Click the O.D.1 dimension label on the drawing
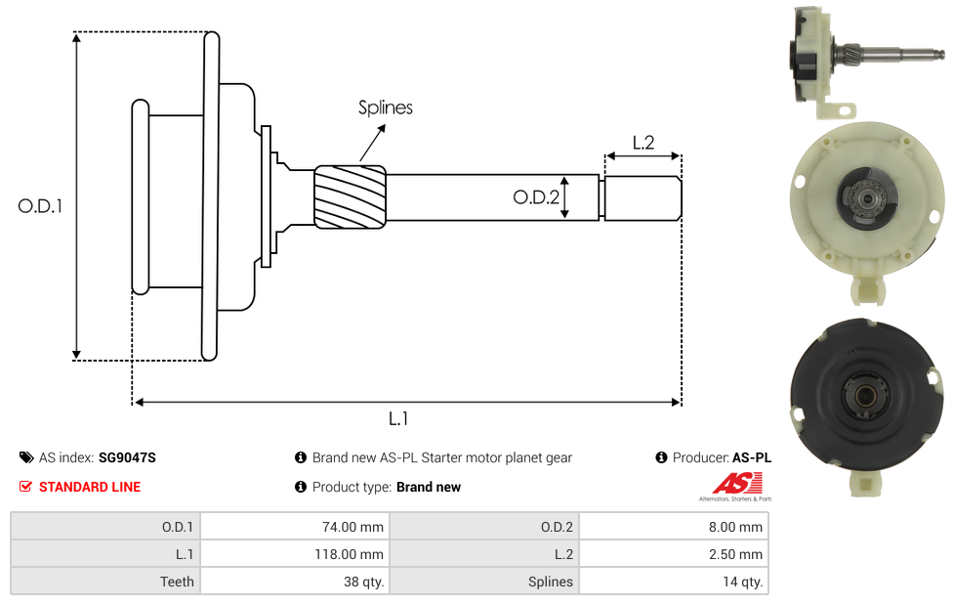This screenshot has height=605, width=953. pos(40,206)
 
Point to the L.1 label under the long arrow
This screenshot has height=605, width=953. pos(398,418)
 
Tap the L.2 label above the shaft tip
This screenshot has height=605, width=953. pos(642,143)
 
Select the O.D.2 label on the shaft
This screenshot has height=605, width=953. pos(536,197)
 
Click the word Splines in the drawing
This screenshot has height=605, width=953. pos(385,108)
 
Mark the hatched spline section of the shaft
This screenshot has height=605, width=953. pos(350,197)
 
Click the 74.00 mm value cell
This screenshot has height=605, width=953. pos(294,527)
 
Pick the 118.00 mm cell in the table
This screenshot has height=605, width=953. pos(294,554)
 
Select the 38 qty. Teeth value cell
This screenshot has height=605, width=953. pos(294,582)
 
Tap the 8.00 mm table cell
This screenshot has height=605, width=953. pos(674,527)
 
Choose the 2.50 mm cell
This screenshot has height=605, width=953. pos(674,554)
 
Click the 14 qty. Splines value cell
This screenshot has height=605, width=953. pos(674,582)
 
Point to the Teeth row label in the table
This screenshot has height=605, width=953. pos(177,582)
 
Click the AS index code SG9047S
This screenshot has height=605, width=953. pos(127,457)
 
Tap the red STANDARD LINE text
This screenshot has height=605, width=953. pos(90,487)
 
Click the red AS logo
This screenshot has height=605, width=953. pos(733,484)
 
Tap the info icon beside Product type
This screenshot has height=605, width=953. pos(301,487)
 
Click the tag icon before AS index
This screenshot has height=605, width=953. pos(26,457)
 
